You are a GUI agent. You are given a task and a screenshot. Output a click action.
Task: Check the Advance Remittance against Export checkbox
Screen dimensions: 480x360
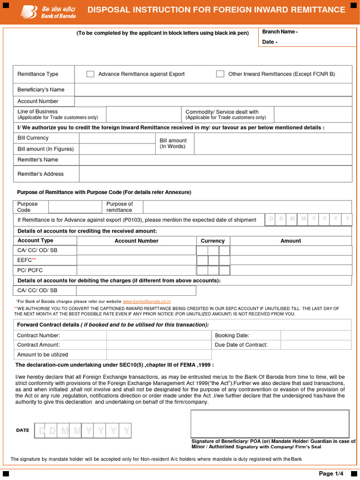[90, 74]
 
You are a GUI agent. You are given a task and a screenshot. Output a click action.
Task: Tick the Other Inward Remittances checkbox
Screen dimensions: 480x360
[220, 74]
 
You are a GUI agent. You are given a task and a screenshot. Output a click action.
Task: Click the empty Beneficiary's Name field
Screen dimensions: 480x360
[213, 90]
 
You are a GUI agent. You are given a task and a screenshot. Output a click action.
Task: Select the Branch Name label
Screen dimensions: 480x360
[279, 32]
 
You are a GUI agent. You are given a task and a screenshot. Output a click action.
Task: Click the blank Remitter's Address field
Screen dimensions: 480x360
[215, 174]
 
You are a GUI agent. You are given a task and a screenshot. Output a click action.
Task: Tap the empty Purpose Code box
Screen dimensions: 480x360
[75, 207]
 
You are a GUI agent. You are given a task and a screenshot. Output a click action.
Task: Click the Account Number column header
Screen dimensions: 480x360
[136, 241]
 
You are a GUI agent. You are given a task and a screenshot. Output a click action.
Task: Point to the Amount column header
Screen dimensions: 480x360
[291, 241]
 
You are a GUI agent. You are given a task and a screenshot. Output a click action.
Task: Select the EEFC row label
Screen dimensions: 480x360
[26, 260]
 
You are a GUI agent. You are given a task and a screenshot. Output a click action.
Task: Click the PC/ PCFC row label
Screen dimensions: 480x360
[30, 270]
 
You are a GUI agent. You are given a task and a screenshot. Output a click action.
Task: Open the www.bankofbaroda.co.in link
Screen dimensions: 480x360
[147, 301]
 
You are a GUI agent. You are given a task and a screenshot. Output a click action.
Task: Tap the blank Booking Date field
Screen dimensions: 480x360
[315, 336]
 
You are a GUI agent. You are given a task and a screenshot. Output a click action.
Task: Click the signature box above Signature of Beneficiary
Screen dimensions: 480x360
[270, 424]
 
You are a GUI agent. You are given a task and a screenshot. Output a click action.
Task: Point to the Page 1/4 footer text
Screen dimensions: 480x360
[331, 473]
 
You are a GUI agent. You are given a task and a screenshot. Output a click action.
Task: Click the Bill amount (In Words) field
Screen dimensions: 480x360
[273, 143]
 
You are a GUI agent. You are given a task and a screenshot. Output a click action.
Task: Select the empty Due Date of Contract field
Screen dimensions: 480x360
[315, 345]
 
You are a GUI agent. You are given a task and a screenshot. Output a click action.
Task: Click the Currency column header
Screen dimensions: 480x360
[213, 241]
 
